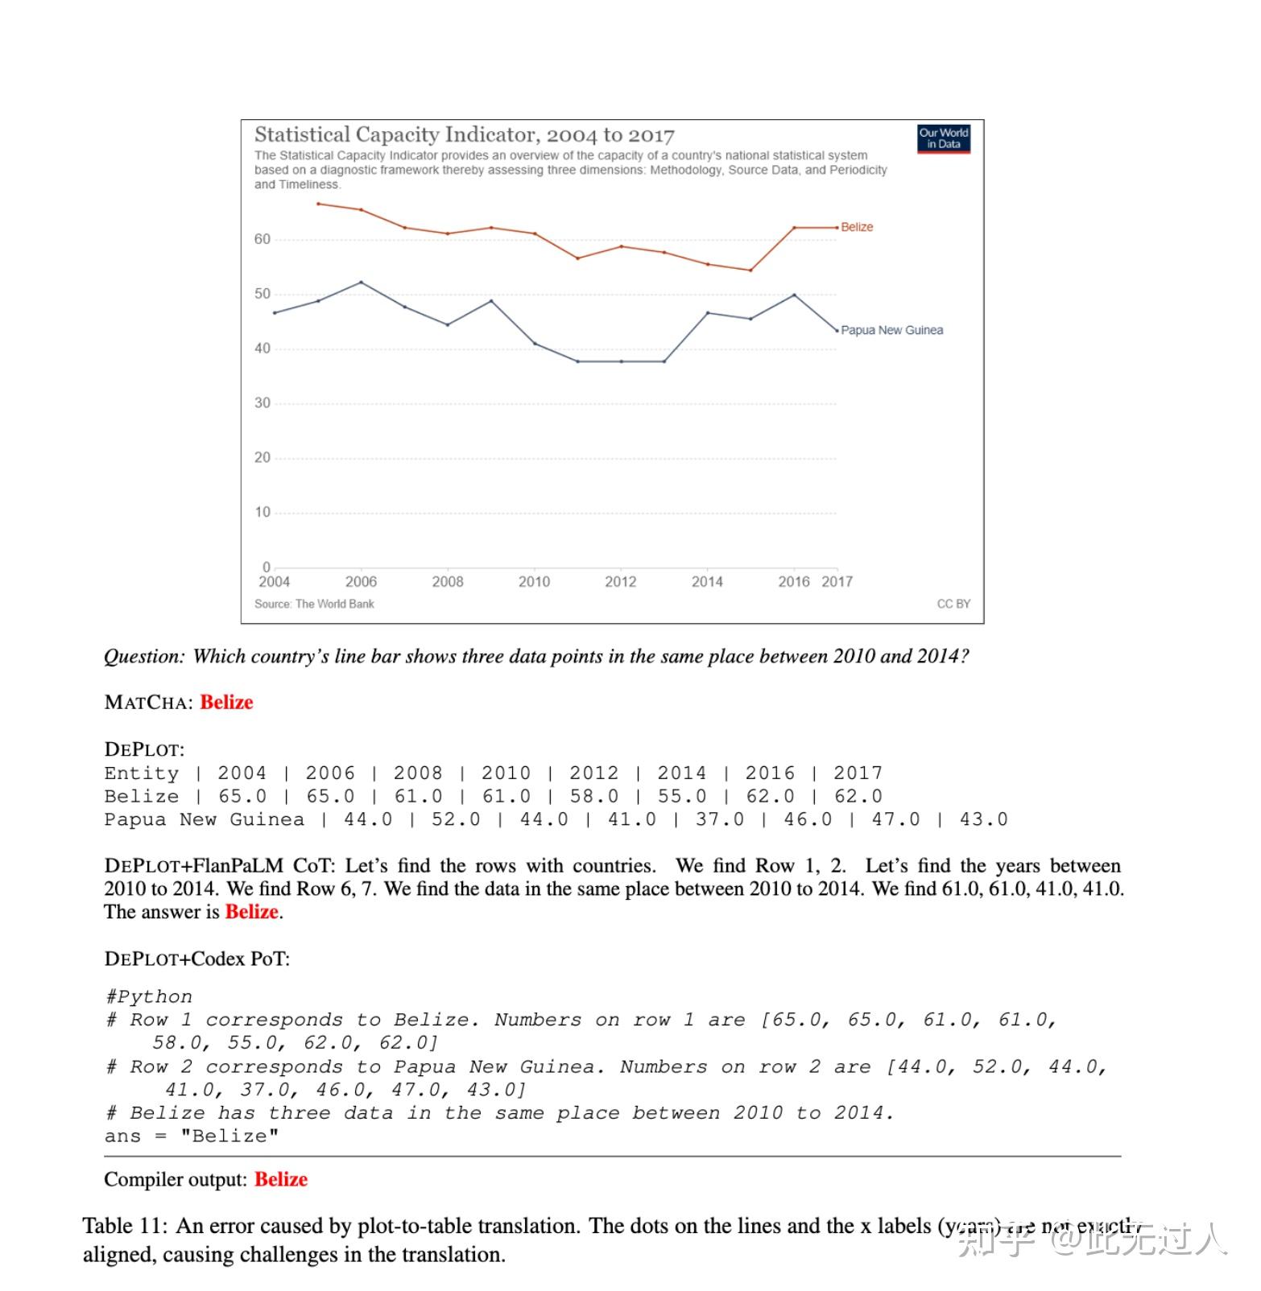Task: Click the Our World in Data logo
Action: [944, 138]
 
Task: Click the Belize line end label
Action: [857, 227]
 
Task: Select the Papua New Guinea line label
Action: [891, 330]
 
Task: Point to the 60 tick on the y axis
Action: [263, 239]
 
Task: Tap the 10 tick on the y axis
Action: [263, 512]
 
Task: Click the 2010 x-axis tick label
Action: [534, 581]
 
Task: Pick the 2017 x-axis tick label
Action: [837, 581]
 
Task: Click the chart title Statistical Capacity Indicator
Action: [464, 134]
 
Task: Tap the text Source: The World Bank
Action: [314, 604]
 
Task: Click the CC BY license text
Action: [953, 604]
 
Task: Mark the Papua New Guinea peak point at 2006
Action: [361, 283]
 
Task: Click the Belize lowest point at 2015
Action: [750, 270]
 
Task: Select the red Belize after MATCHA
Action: [226, 702]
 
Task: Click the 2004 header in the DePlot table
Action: [242, 773]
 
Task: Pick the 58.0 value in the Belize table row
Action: [594, 796]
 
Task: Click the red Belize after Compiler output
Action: [281, 1179]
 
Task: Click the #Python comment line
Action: [148, 996]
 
